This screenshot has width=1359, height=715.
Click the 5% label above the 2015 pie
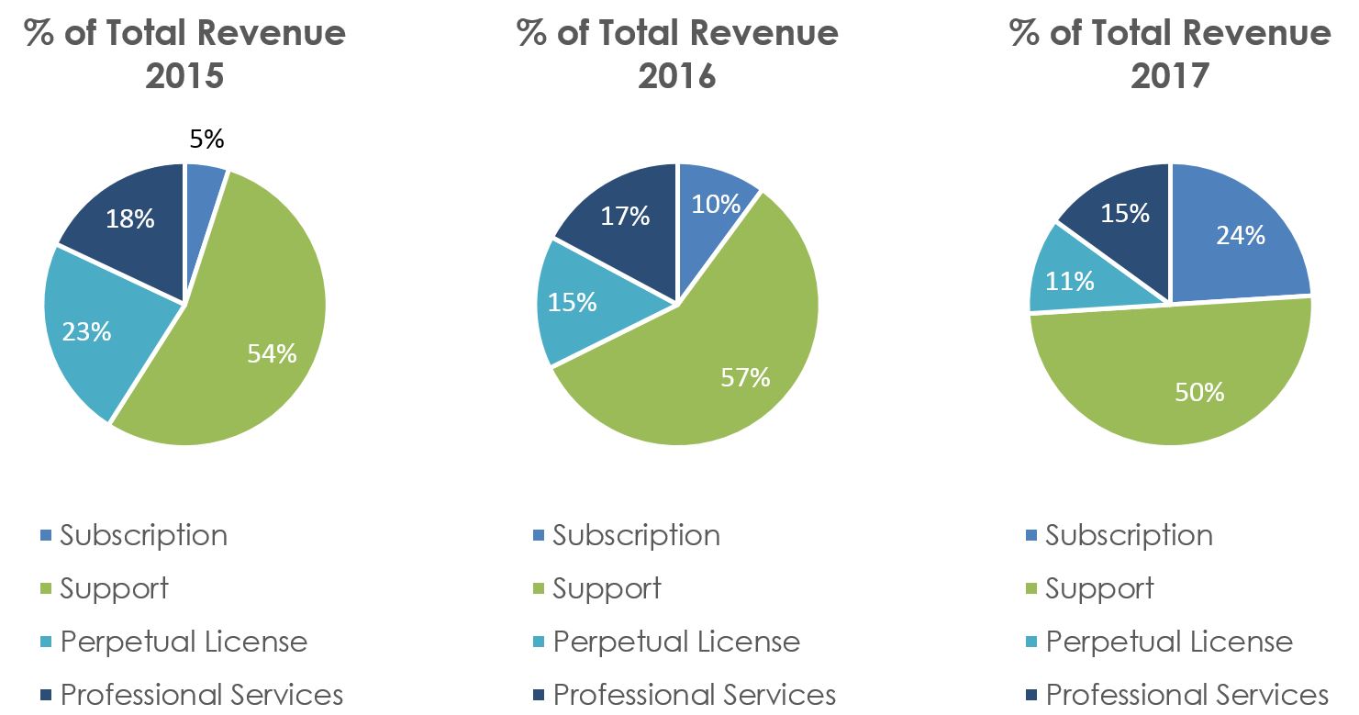(x=206, y=140)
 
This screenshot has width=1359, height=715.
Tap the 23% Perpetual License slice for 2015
(x=87, y=330)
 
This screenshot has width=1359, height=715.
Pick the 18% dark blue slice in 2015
(x=130, y=220)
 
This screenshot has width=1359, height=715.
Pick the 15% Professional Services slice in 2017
(x=1125, y=213)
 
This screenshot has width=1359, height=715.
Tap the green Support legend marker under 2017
(x=1031, y=588)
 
